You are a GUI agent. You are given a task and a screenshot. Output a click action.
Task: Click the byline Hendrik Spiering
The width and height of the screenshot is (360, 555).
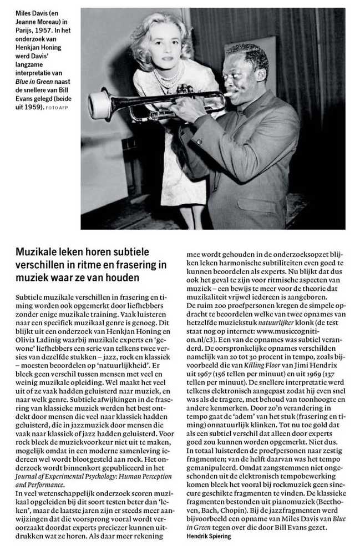[x=207, y=537]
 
